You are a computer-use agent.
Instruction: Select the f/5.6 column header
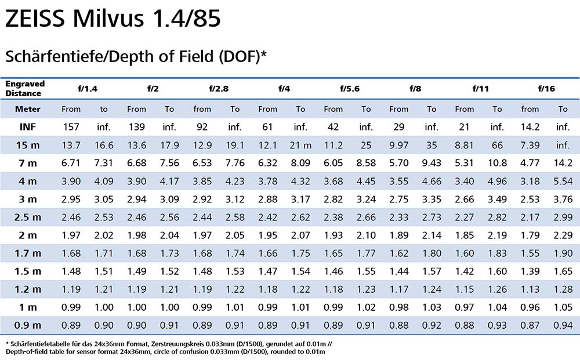349,89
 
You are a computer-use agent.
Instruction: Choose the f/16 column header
546,89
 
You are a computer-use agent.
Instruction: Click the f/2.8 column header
218,89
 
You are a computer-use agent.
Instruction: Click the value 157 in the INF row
71,126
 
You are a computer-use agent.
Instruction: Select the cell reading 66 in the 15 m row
497,145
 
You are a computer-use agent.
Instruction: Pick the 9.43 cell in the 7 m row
432,163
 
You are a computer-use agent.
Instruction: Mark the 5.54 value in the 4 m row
563,181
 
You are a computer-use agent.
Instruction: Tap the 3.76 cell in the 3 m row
563,199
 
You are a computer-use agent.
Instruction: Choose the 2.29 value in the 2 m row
563,235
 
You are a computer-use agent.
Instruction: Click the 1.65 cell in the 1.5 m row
563,271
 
